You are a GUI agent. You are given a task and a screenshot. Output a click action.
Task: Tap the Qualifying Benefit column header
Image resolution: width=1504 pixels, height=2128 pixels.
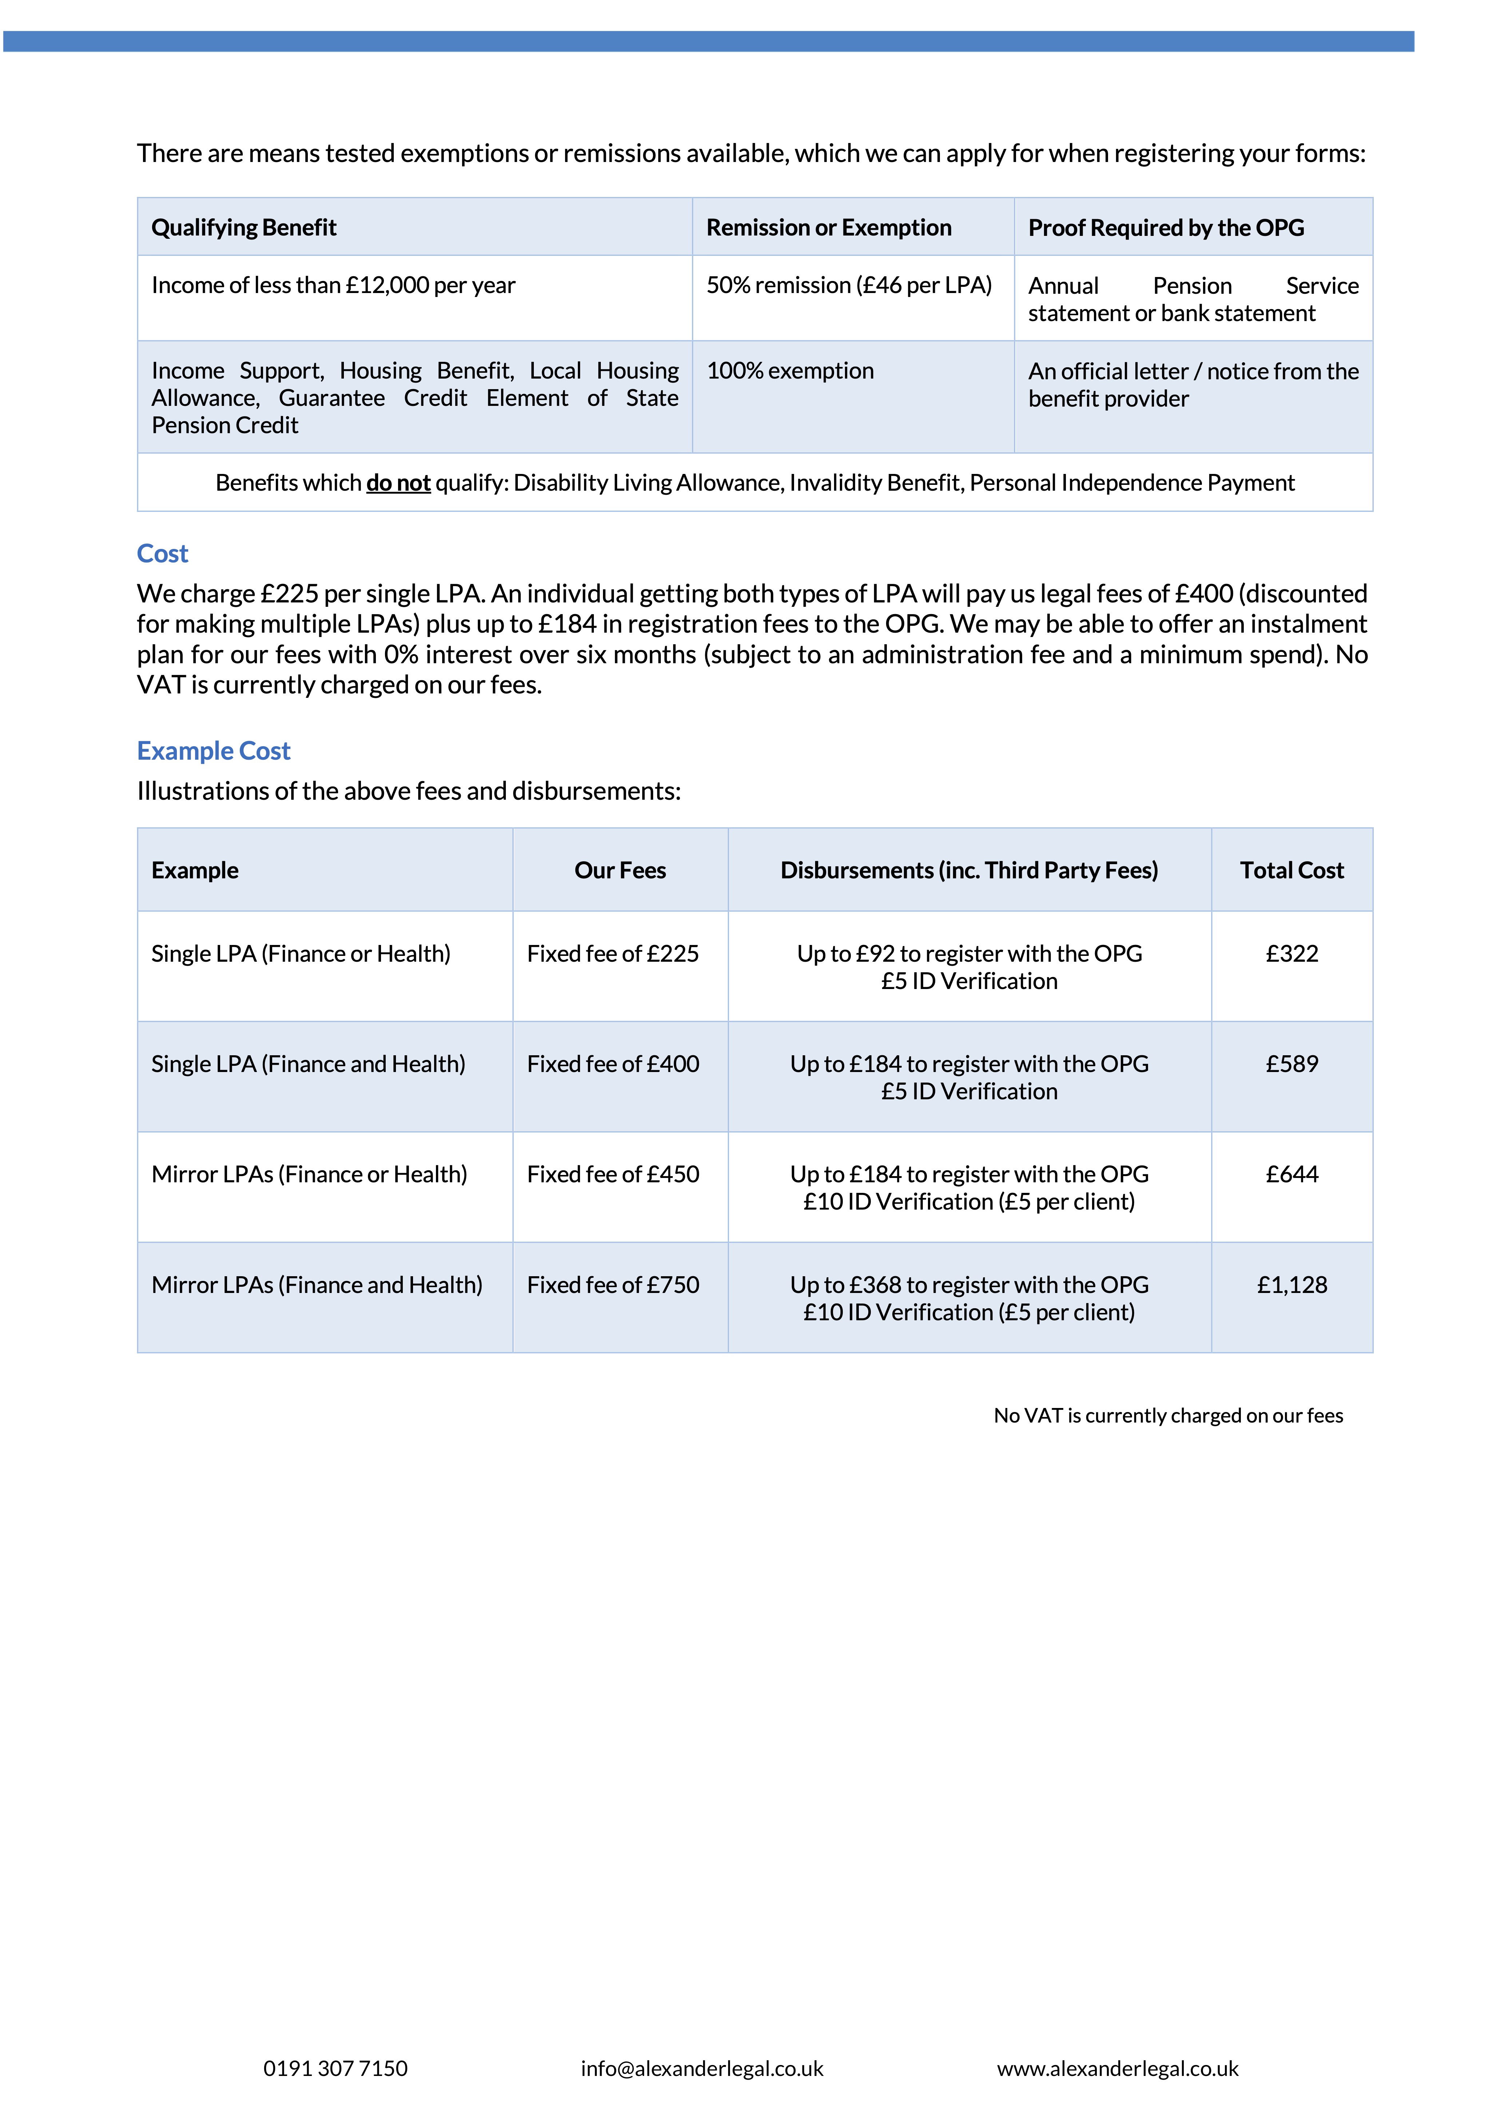[x=244, y=228]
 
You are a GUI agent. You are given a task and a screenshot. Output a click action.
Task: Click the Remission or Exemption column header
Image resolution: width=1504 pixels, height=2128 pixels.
[x=829, y=228]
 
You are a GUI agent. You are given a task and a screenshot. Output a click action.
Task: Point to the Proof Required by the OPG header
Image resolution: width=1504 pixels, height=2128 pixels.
[x=1166, y=228]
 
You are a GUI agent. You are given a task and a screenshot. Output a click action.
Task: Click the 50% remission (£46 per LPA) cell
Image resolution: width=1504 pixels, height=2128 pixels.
[x=849, y=285]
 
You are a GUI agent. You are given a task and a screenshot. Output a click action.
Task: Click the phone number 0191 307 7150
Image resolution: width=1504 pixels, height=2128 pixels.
[x=336, y=2069]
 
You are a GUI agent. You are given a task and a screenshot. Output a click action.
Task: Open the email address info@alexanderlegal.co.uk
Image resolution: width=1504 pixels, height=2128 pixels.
[x=702, y=2069]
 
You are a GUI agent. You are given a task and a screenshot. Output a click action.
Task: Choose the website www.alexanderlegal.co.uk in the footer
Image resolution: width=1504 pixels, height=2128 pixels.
[x=1118, y=2069]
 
